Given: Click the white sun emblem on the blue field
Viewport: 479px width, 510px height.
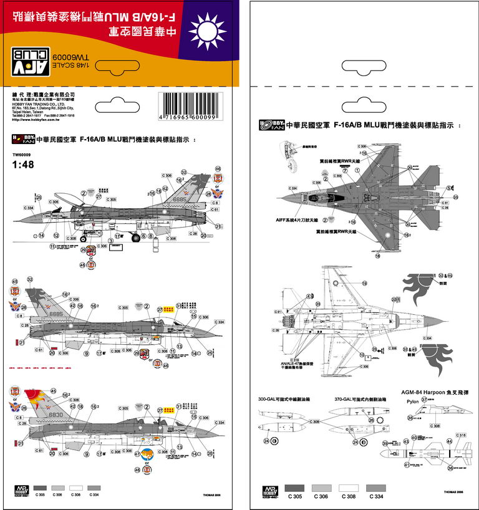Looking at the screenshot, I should [x=205, y=31].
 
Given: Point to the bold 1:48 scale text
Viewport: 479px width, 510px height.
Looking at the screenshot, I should [x=22, y=165].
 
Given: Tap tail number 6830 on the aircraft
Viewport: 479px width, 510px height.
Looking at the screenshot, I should [x=56, y=415].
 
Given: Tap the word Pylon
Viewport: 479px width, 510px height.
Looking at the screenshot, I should [x=412, y=402].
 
